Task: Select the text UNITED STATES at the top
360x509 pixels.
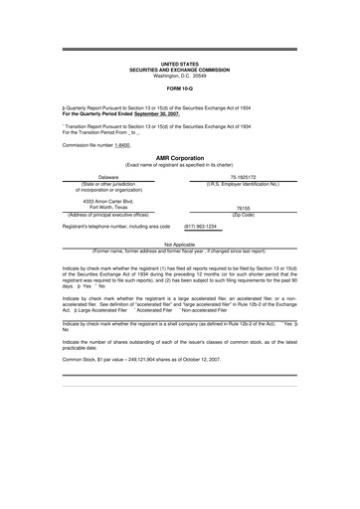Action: [179, 62]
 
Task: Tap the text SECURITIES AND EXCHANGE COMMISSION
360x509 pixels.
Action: [179, 68]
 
